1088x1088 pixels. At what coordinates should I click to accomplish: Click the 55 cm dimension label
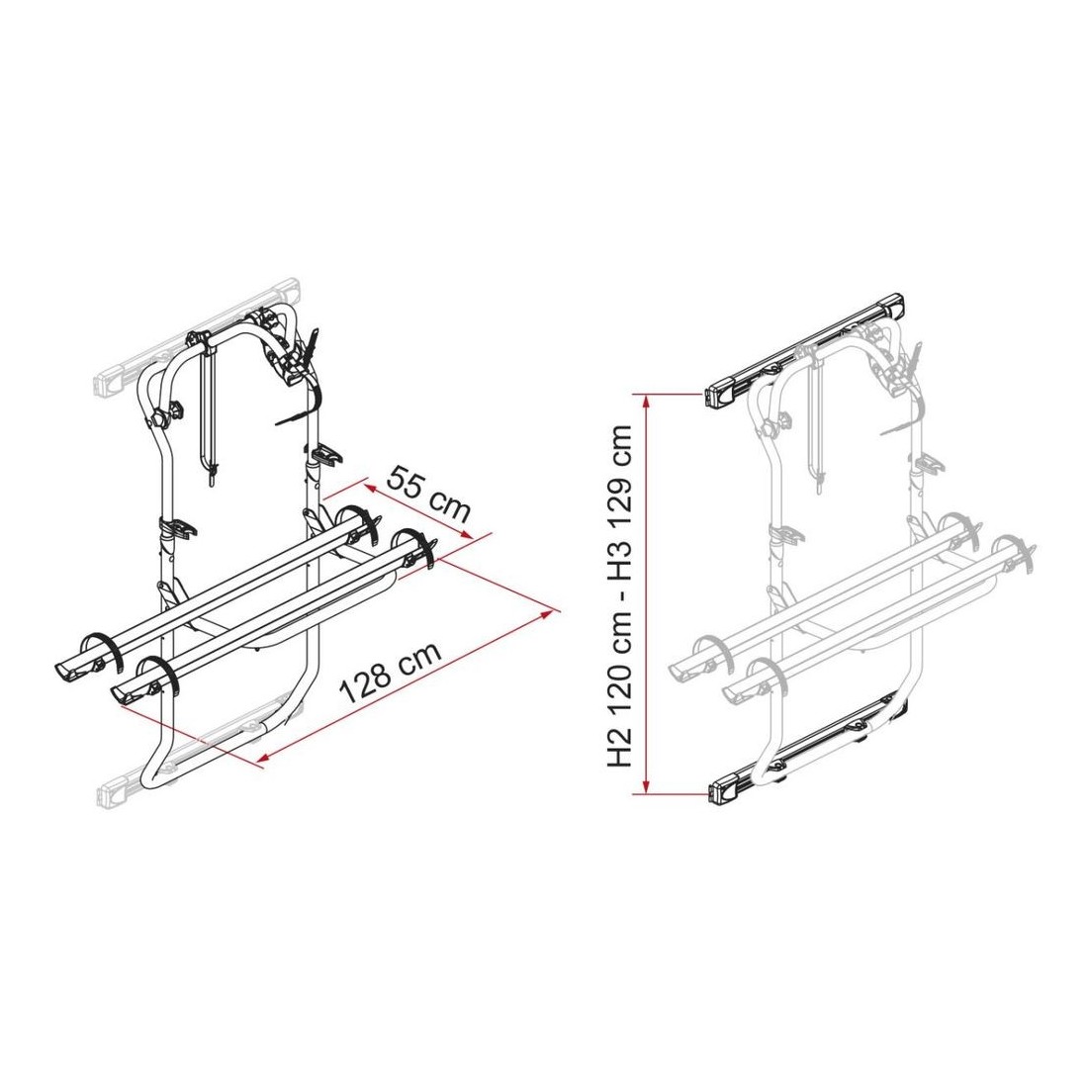click(429, 494)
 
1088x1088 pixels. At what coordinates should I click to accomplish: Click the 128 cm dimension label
click(390, 673)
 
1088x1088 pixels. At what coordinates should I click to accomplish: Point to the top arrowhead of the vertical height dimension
click(646, 400)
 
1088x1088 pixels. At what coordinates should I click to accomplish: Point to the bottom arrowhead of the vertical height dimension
click(646, 785)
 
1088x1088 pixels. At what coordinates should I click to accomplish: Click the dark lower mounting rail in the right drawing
click(809, 750)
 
